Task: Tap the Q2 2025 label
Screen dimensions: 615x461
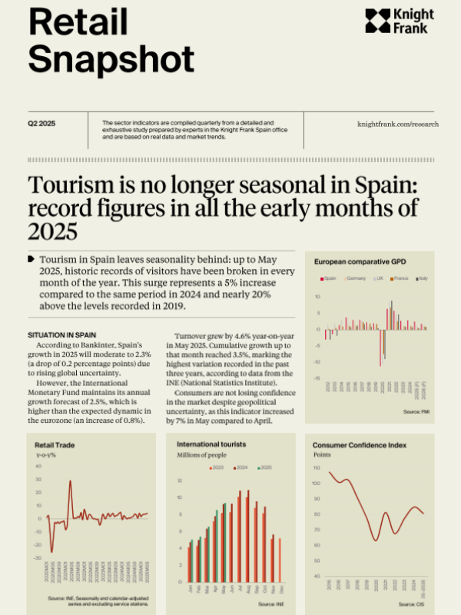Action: point(41,124)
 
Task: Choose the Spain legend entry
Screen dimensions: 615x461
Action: point(330,278)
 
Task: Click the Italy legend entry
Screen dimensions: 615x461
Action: point(421,278)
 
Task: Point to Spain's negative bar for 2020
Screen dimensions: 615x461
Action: point(380,347)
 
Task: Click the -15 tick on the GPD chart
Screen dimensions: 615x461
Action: point(317,378)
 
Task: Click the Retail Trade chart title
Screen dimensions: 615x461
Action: point(54,444)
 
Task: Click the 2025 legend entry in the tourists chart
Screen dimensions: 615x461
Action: point(265,467)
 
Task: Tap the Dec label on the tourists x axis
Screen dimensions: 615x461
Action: point(280,588)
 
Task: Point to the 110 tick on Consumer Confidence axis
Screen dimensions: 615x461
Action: point(317,467)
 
